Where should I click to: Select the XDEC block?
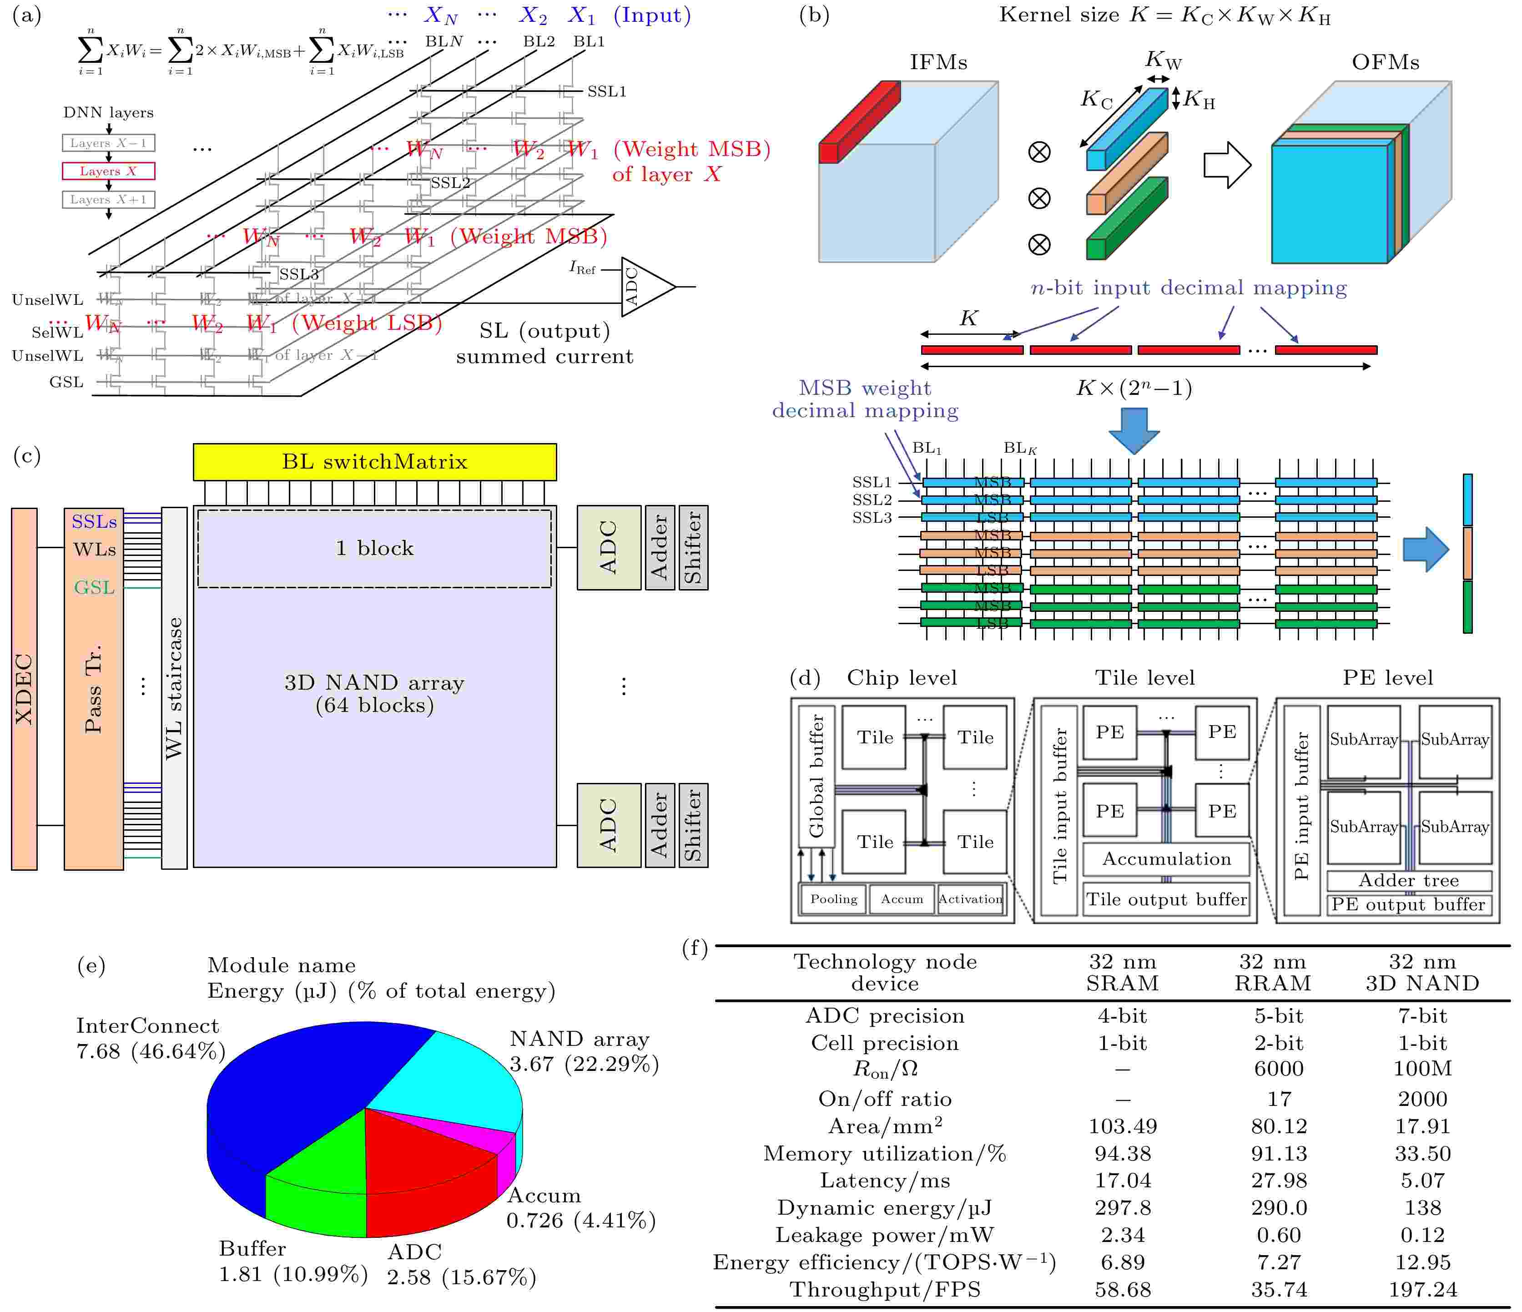click(x=24, y=689)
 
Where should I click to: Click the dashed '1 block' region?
click(x=375, y=548)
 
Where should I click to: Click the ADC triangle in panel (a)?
click(x=643, y=287)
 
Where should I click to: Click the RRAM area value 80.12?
click(x=1279, y=1126)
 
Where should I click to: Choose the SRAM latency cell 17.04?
click(x=1123, y=1181)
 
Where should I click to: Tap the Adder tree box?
click(x=1408, y=880)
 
